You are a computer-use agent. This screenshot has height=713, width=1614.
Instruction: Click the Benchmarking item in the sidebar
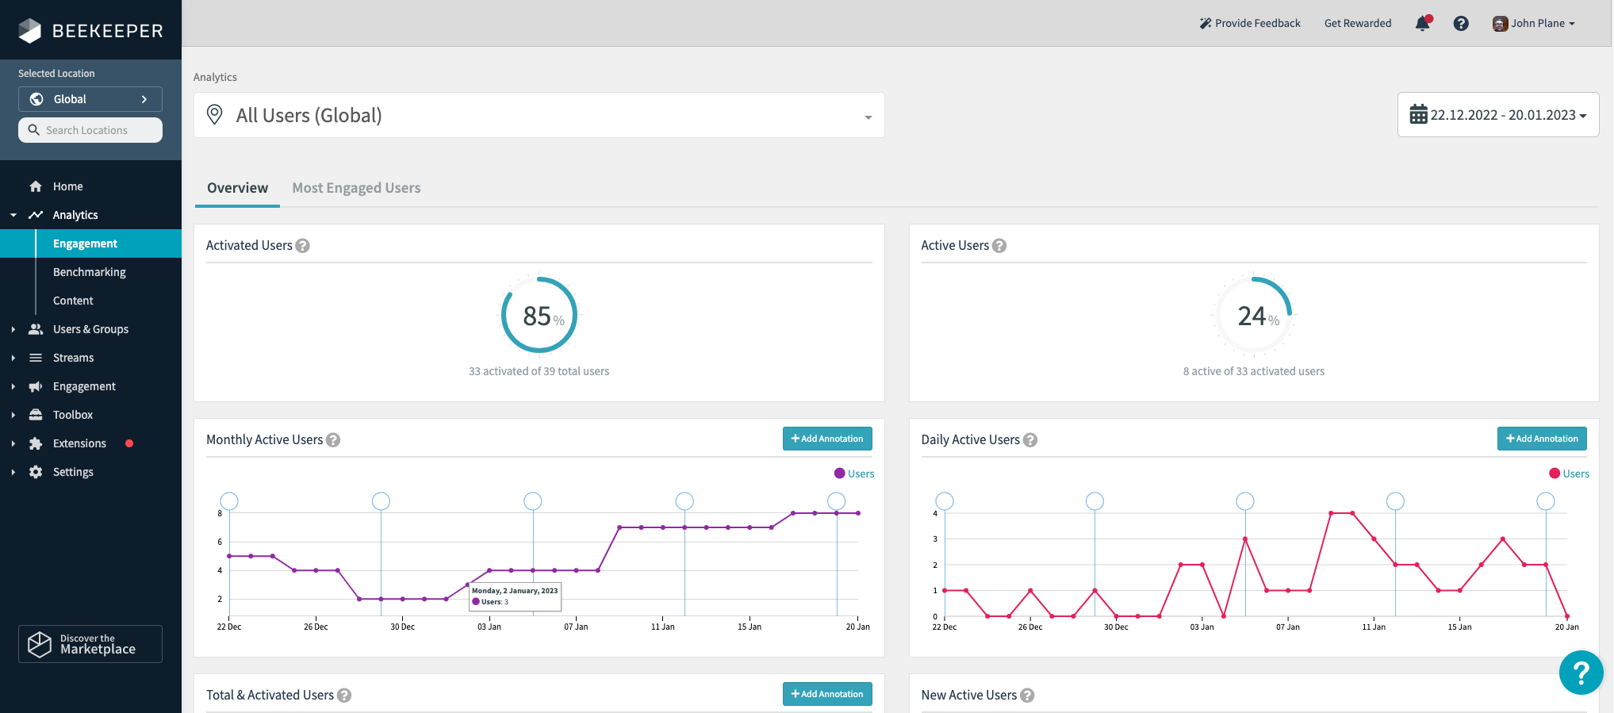coord(89,272)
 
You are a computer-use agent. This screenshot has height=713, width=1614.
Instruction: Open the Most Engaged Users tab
coord(356,188)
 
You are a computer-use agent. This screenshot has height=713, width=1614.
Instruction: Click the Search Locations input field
coord(90,130)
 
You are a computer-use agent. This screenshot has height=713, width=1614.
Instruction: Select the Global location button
coord(90,99)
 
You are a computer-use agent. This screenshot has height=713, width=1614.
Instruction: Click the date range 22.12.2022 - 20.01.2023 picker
coord(1497,115)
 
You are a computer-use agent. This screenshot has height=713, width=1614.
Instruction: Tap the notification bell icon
coord(1422,24)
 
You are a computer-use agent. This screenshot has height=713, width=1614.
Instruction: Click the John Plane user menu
coord(1534,24)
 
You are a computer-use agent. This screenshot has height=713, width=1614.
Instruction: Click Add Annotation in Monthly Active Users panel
coord(827,439)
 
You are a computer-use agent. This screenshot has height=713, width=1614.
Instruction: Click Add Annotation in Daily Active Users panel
coord(1541,439)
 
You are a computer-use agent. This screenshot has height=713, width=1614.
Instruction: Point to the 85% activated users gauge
coord(539,316)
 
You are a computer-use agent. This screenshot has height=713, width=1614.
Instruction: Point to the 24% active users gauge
coord(1254,316)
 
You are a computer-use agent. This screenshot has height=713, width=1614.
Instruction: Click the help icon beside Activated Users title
coord(302,246)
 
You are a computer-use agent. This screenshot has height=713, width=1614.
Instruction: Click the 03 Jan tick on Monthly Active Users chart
coord(489,627)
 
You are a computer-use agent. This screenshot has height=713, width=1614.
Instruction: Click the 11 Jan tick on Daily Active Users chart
coord(1374,627)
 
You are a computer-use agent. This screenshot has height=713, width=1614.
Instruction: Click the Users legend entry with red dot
coord(1569,473)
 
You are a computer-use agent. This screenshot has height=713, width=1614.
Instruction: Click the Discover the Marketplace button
coord(90,644)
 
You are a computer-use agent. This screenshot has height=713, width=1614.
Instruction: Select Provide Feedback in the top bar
coord(1250,24)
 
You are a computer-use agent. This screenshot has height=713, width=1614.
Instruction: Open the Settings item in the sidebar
coord(73,472)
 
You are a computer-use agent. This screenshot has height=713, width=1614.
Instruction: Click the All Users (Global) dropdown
coord(539,116)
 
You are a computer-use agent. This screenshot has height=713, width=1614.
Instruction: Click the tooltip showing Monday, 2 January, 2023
coord(516,596)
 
